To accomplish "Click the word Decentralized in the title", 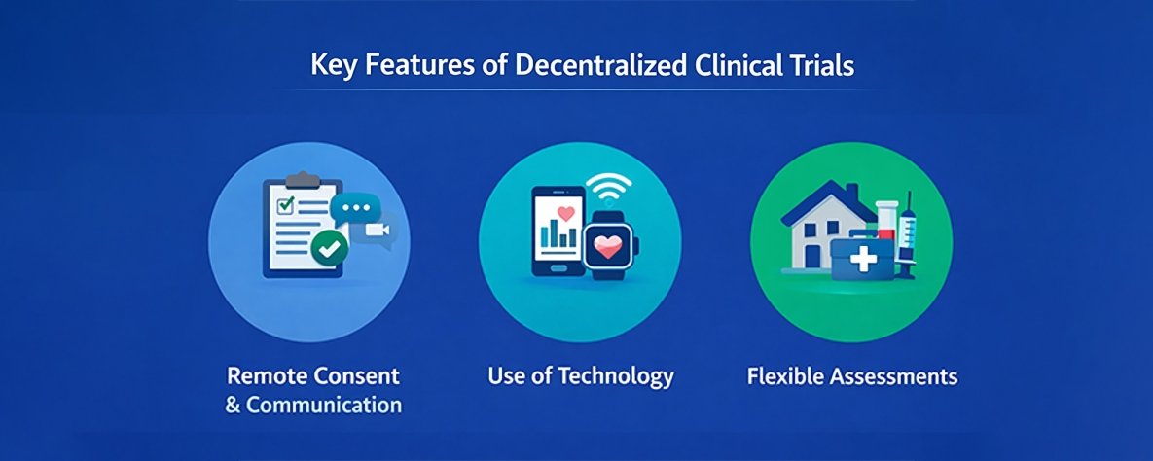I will [x=597, y=66].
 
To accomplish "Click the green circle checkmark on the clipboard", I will [x=330, y=249].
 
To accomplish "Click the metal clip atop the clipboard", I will [x=304, y=180].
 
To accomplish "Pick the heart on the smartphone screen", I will [x=567, y=211].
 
